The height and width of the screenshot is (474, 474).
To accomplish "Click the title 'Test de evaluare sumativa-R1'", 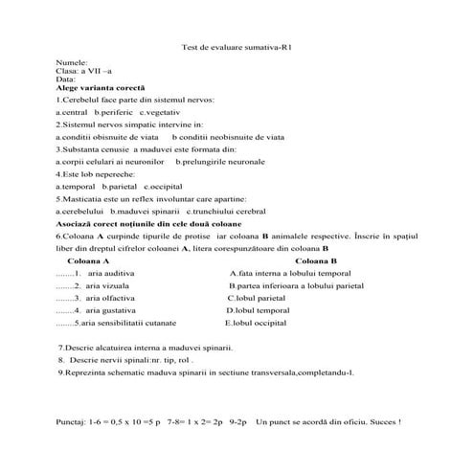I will coord(236,47).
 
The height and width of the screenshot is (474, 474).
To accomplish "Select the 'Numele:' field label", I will coord(72,62).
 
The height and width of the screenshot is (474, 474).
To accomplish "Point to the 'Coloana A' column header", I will coord(89,260).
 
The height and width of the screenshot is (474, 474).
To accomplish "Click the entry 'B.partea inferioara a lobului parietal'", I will coord(296,285).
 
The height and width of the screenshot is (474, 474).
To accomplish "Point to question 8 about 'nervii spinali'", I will coord(126,359).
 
